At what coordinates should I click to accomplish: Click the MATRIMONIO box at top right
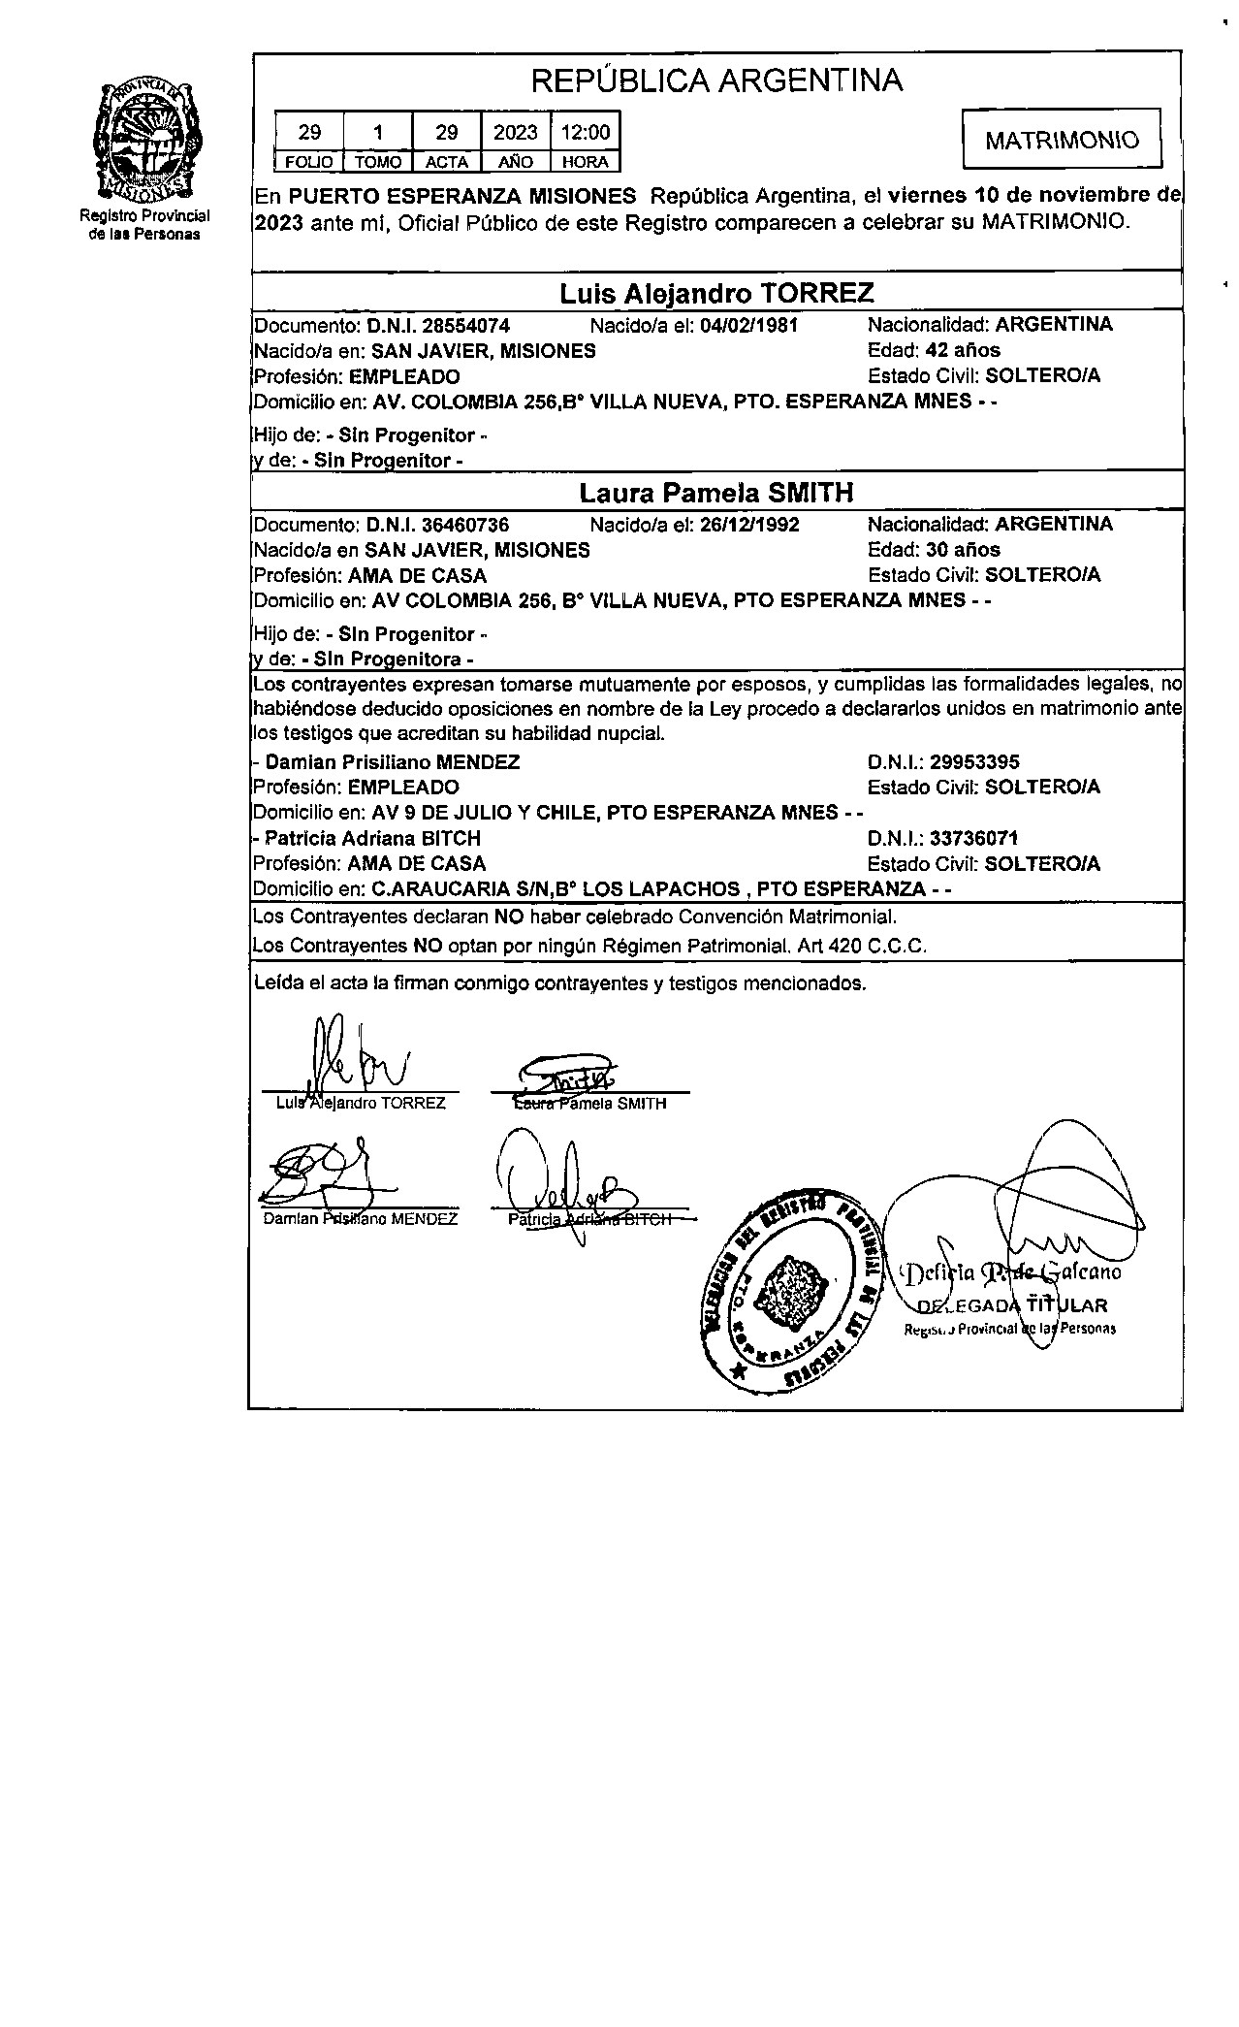pyautogui.click(x=1062, y=140)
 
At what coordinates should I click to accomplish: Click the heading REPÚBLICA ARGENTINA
pyautogui.click(x=717, y=80)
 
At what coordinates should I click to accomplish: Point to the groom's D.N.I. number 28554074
pyautogui.click(x=466, y=325)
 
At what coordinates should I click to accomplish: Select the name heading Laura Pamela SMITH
pyautogui.click(x=716, y=493)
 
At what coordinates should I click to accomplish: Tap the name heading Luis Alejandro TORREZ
pyautogui.click(x=716, y=293)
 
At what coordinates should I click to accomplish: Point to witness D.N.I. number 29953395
pyautogui.click(x=974, y=762)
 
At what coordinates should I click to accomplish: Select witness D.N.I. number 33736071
pyautogui.click(x=974, y=838)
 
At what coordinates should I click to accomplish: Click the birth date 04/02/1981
pyautogui.click(x=748, y=325)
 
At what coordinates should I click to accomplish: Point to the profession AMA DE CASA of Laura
pyautogui.click(x=417, y=575)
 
